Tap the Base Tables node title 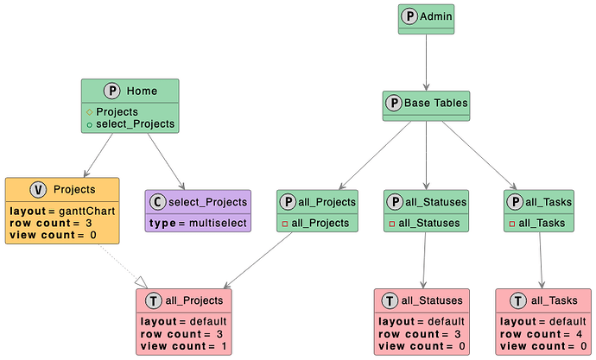click(435, 104)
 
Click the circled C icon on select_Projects click(158, 202)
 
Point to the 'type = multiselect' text click(199, 224)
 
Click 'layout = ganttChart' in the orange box click(52, 211)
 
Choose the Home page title click(141, 91)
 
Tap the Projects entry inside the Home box click(117, 111)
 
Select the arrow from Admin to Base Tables click(427, 62)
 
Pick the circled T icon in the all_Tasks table click(517, 300)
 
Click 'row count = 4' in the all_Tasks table click(536, 334)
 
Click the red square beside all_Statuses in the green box click(393, 224)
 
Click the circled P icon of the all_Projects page click(290, 202)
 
